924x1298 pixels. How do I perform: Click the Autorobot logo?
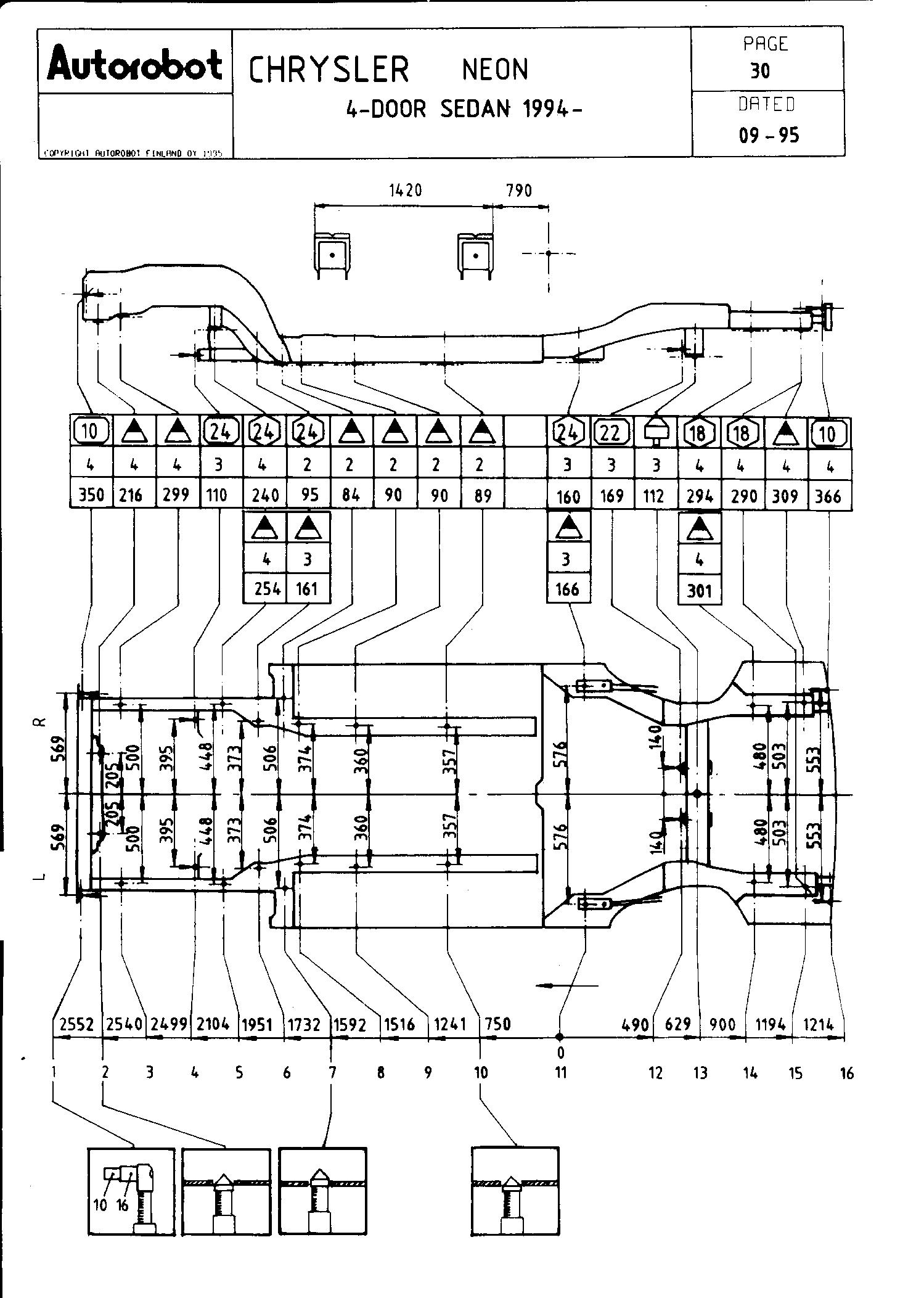click(x=134, y=65)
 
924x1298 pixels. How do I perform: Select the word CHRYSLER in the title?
click(x=329, y=69)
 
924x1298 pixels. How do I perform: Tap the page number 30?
click(x=760, y=72)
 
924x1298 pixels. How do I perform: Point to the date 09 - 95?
click(x=769, y=135)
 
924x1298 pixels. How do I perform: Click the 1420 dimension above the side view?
click(x=405, y=191)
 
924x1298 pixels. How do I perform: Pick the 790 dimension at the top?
click(x=518, y=191)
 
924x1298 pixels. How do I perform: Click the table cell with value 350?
click(x=91, y=495)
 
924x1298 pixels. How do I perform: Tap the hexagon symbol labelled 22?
click(x=610, y=433)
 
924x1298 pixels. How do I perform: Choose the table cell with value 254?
click(x=266, y=589)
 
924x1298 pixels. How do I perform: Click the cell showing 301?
click(x=699, y=591)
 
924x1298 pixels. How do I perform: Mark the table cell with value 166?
click(x=567, y=589)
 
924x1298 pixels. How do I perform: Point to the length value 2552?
click(x=76, y=1024)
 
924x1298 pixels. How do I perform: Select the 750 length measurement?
click(x=498, y=1024)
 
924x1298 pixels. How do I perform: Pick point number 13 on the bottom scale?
click(x=700, y=1074)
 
